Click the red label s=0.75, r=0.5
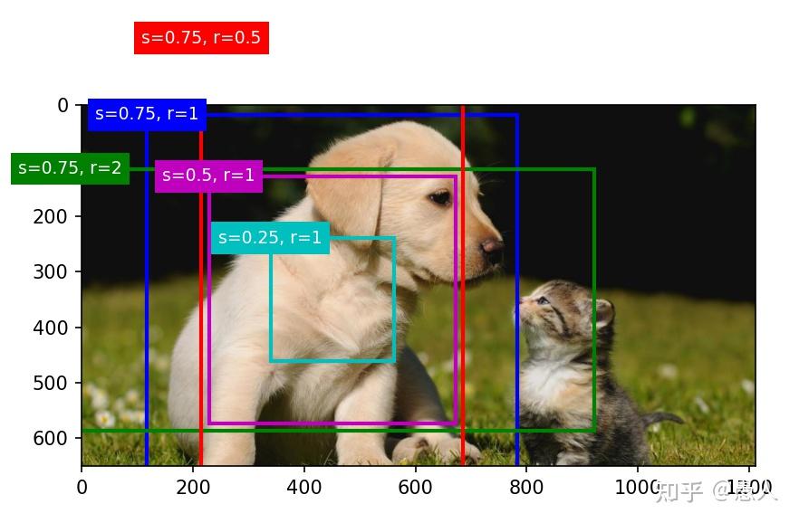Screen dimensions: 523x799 click(201, 38)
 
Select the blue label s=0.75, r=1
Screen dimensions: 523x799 click(147, 114)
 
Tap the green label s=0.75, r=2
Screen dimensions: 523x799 click(70, 168)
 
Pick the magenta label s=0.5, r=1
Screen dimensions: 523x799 click(208, 176)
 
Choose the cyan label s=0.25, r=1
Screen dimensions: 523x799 click(270, 238)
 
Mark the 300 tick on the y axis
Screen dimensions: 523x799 click(57, 271)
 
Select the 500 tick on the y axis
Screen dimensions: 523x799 click(57, 383)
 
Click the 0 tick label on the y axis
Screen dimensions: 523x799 click(63, 105)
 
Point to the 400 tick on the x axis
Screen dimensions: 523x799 click(304, 488)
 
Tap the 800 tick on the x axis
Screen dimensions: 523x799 click(526, 488)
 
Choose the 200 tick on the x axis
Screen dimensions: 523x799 click(193, 488)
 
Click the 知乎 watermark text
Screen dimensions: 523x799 click(679, 491)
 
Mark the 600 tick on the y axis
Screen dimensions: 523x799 click(57, 438)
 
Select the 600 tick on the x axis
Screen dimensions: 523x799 click(416, 488)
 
